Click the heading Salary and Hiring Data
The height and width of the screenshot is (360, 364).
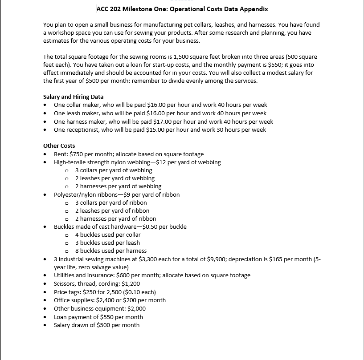(x=73, y=97)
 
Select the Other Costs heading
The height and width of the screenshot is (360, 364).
(x=59, y=146)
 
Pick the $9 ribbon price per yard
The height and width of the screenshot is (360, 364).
(x=121, y=194)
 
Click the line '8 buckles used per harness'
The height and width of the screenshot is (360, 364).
(x=110, y=251)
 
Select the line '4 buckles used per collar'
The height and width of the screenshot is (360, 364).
(x=108, y=235)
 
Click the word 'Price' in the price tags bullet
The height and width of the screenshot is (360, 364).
(x=61, y=292)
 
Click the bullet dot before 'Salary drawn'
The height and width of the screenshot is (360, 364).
(x=46, y=325)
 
